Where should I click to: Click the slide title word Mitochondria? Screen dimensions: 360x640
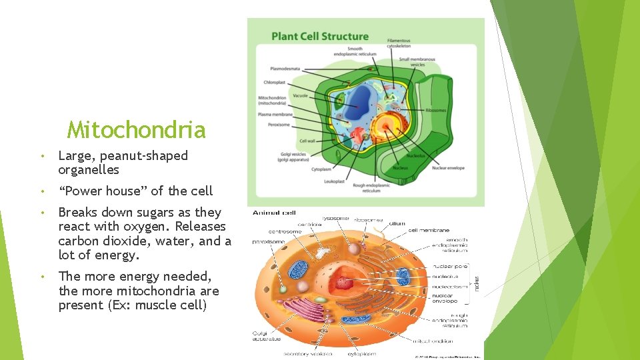[x=136, y=129]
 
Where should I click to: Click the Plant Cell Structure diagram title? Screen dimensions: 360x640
[x=319, y=36]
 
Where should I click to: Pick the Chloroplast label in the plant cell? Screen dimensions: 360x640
[x=274, y=83]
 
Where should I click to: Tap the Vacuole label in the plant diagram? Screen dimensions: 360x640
[x=300, y=95]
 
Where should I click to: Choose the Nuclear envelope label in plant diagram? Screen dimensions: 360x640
[x=448, y=168]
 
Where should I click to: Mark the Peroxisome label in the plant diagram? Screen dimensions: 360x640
[x=278, y=124]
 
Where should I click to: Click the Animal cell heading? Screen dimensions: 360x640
[x=274, y=213]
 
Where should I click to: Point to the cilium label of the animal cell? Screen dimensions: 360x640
[x=397, y=224]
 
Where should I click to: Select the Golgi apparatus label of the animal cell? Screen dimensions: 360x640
[x=267, y=337]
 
